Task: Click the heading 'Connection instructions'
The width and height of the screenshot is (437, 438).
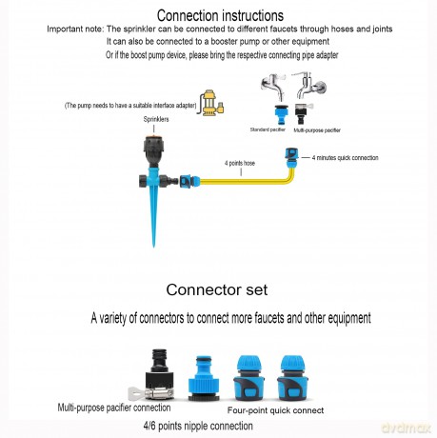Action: click(220, 15)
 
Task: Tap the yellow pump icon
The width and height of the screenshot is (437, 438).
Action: click(211, 103)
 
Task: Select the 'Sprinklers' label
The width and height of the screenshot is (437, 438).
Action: click(156, 119)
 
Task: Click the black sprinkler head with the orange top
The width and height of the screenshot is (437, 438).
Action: click(154, 149)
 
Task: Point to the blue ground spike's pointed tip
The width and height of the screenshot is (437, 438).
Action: click(154, 247)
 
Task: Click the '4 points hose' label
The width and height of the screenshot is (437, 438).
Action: click(240, 163)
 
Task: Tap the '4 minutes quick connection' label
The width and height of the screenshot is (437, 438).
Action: click(345, 158)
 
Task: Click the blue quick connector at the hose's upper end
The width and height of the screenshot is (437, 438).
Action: click(290, 158)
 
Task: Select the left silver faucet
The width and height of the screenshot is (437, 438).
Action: click(273, 86)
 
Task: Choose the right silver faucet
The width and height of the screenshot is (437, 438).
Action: click(309, 84)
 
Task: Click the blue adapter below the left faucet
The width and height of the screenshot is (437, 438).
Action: click(281, 114)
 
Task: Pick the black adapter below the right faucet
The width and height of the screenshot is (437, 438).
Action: click(302, 113)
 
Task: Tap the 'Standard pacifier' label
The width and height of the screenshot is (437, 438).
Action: click(268, 129)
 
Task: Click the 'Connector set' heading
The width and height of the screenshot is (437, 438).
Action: click(217, 289)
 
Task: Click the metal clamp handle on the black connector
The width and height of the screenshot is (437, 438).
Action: click(137, 393)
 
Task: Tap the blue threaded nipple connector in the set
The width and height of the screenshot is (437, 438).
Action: click(204, 378)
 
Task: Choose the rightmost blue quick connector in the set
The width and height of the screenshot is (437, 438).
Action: click(292, 378)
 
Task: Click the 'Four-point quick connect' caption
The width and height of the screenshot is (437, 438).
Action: click(275, 410)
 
